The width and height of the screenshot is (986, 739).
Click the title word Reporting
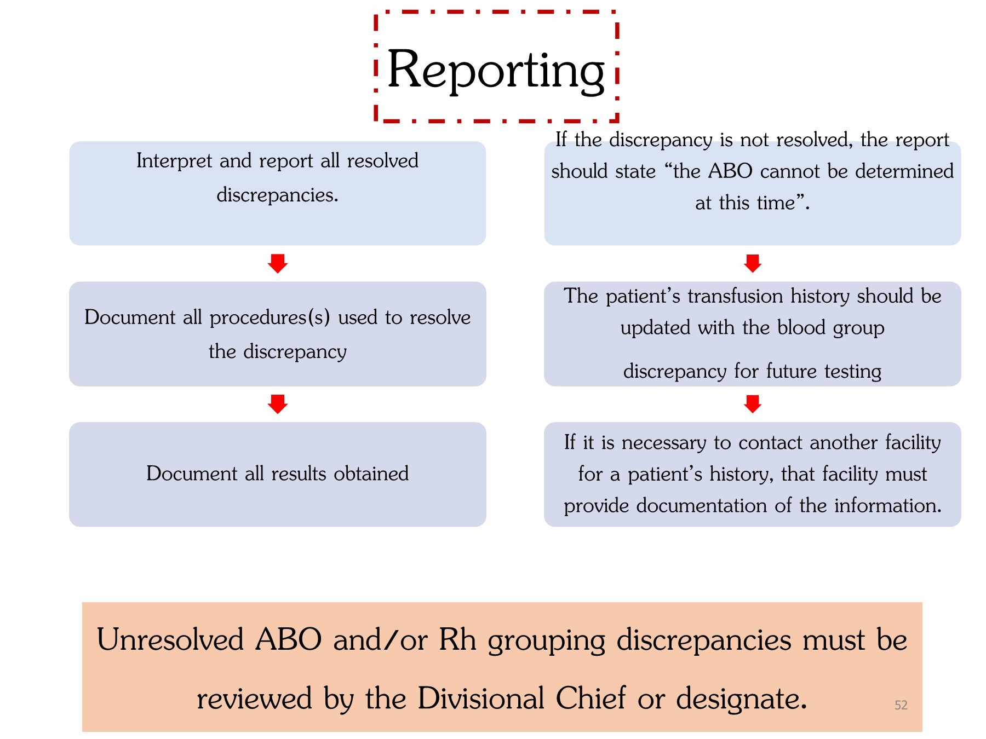tap(496, 70)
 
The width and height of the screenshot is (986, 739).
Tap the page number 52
tap(901, 705)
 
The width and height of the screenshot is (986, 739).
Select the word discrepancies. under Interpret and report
tap(277, 195)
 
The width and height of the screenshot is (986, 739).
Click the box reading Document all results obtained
tap(277, 474)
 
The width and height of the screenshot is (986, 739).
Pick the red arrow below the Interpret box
tap(278, 263)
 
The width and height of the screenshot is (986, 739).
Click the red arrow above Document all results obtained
tap(278, 404)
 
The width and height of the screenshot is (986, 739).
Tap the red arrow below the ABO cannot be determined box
tap(753, 263)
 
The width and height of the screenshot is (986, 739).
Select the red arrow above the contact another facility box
tap(753, 404)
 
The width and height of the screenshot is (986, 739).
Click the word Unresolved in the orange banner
tap(170, 640)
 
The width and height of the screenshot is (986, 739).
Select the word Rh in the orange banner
tap(457, 640)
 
